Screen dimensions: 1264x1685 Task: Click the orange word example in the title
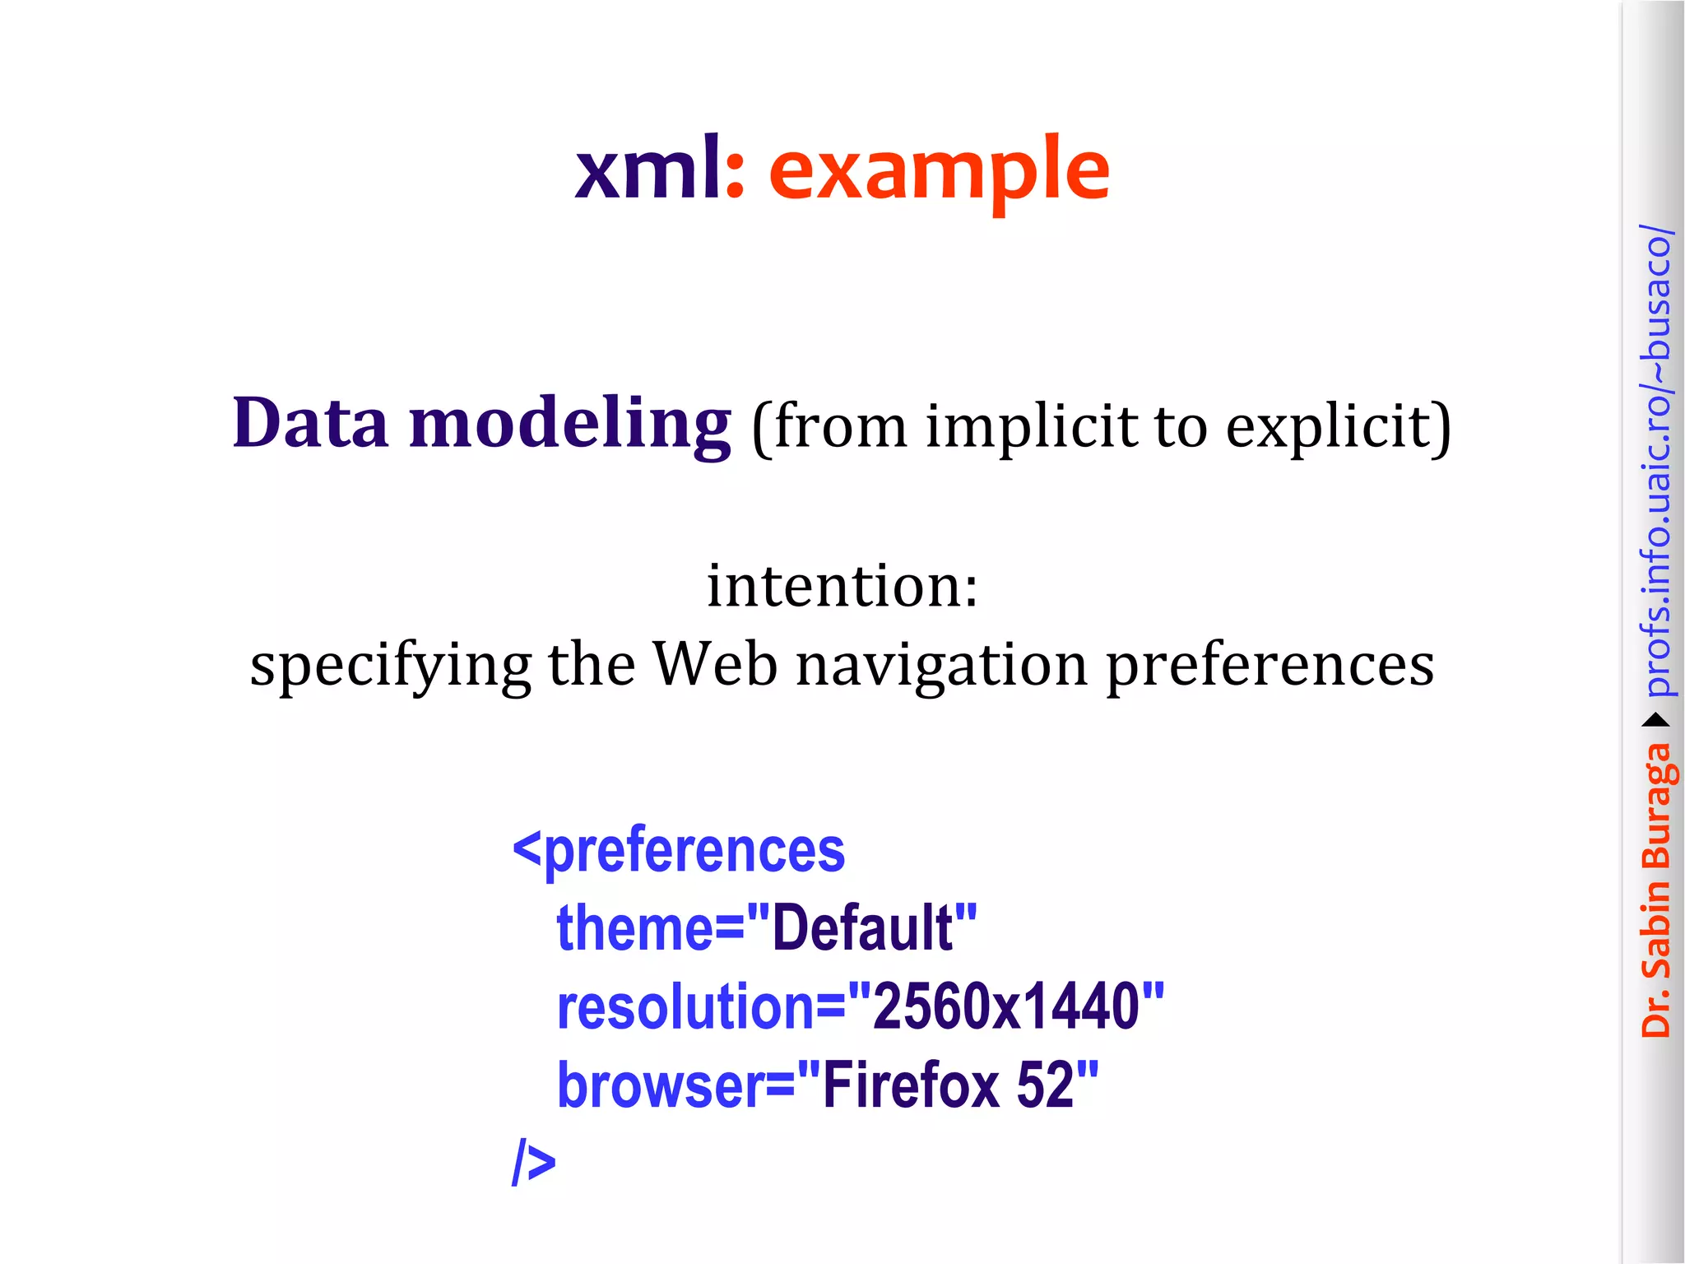coord(939,170)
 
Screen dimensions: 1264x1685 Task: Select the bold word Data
coord(310,423)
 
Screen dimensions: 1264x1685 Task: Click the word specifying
coord(391,665)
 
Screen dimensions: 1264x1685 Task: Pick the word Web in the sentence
coord(715,663)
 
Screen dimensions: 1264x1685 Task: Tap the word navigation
coord(942,665)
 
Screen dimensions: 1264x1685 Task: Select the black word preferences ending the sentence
coord(1270,665)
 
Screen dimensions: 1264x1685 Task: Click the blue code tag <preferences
coord(679,851)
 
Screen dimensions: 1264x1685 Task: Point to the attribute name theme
coord(634,928)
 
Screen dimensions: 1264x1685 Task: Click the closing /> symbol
coord(533,1161)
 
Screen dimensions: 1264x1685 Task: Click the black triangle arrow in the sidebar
coord(1655,721)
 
